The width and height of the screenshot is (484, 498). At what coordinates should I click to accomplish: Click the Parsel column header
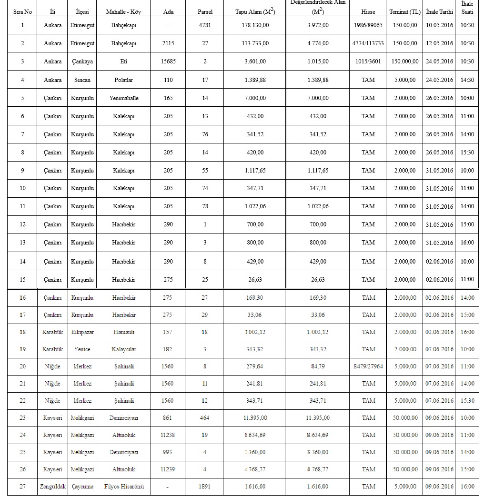pos(205,12)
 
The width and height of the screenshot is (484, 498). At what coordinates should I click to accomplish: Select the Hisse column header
pos(368,12)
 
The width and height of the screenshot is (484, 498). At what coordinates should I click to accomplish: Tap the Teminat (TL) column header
pos(405,12)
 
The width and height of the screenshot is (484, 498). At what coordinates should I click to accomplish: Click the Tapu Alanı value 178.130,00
pos(255,25)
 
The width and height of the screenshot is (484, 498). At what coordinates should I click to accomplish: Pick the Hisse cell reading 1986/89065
pos(368,25)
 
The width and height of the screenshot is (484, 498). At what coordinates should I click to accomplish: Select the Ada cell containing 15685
pos(168,61)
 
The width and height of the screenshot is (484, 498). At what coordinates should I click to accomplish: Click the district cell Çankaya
pos(82,61)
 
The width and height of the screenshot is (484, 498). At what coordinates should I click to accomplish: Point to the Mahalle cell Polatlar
pos(123,80)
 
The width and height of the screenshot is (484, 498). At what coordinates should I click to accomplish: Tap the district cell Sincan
pos(82,80)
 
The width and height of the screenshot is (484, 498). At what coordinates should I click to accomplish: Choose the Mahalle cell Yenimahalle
pos(123,98)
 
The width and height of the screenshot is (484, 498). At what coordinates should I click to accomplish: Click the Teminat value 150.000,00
pos(405,61)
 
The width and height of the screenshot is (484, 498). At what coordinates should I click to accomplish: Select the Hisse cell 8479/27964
pos(368,366)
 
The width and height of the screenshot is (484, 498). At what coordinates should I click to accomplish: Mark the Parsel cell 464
pos(205,418)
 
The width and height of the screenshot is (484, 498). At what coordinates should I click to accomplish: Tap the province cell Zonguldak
pos(52,487)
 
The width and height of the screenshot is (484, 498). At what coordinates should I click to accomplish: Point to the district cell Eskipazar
pos(82,332)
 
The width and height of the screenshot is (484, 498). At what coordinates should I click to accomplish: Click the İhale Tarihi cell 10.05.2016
pos(440,25)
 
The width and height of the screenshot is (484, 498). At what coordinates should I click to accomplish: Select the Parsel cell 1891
pos(205,487)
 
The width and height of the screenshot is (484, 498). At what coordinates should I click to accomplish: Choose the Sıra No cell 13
pos(22,243)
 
